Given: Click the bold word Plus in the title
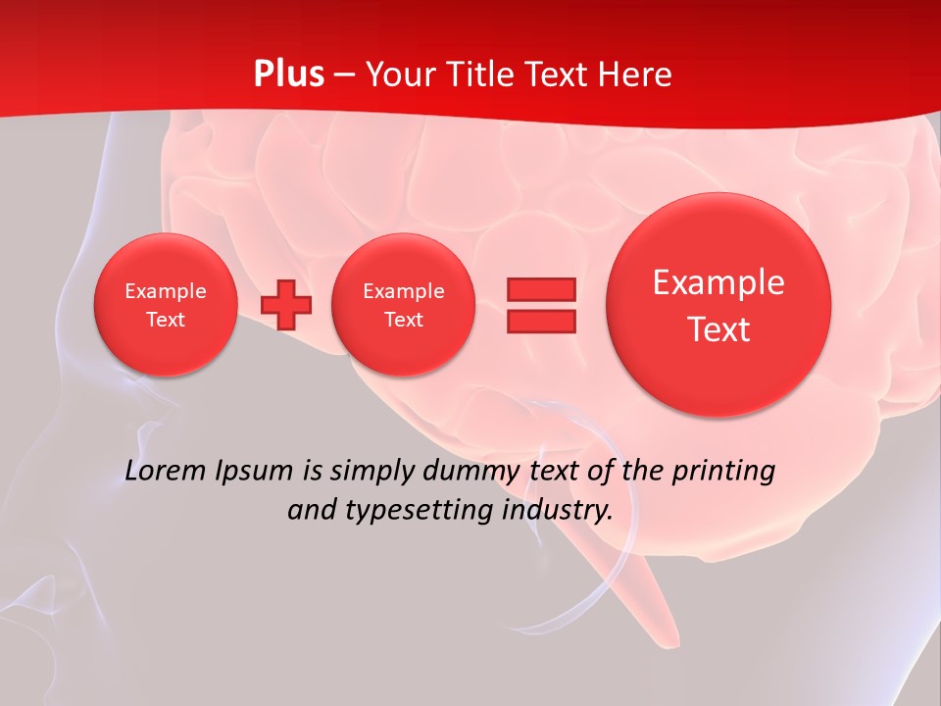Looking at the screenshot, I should point(288,75).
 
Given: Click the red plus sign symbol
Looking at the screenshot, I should point(286,305).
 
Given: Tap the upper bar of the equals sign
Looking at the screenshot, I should point(541,289).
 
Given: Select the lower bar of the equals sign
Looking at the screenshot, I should point(541,321).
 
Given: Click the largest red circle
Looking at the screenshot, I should point(718,305).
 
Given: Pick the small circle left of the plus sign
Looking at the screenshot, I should point(165,305).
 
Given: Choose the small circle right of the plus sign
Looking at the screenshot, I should point(403,305).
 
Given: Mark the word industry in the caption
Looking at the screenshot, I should point(557,511).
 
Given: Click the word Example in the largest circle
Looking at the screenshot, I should point(718,282).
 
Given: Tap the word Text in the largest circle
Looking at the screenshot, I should point(718,329).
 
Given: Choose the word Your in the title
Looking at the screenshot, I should point(397,75).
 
